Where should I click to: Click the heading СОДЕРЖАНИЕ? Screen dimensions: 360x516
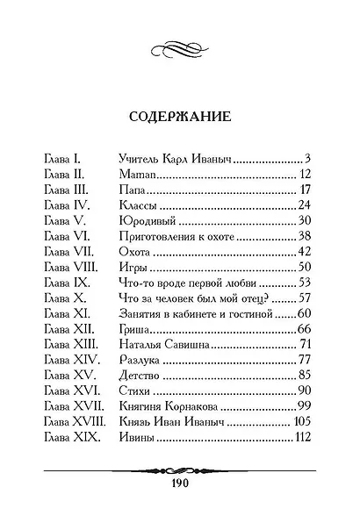pos(181,115)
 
